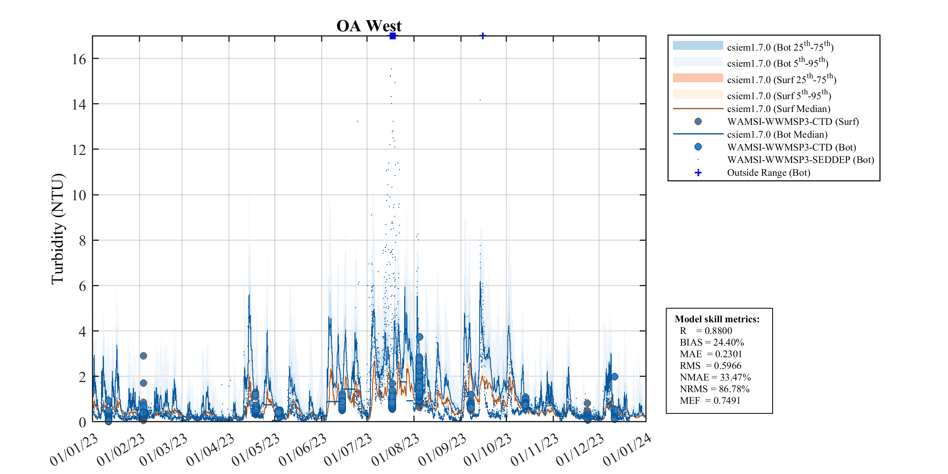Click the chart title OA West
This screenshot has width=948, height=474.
tap(369, 26)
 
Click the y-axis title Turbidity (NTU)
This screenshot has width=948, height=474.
tap(58, 229)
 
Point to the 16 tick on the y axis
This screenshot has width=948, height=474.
tap(79, 59)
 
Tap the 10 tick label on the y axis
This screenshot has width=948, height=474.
tap(79, 195)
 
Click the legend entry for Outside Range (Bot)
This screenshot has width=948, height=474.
tap(768, 173)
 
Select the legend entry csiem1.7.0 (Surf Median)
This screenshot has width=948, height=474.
tap(778, 109)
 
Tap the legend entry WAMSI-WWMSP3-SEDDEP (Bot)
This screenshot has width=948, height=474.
tap(800, 160)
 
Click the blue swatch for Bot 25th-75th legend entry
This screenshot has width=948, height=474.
tap(698, 45)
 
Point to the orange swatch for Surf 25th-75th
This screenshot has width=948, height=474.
tap(698, 78)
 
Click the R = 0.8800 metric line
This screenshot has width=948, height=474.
tap(706, 331)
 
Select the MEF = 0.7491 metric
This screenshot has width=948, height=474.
tap(710, 401)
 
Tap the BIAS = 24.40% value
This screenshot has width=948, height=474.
tap(712, 342)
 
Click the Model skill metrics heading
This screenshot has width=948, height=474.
tap(717, 319)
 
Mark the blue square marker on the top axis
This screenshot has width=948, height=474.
tap(393, 36)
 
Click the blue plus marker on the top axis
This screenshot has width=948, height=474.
tap(483, 36)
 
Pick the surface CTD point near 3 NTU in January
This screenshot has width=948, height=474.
tap(143, 356)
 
